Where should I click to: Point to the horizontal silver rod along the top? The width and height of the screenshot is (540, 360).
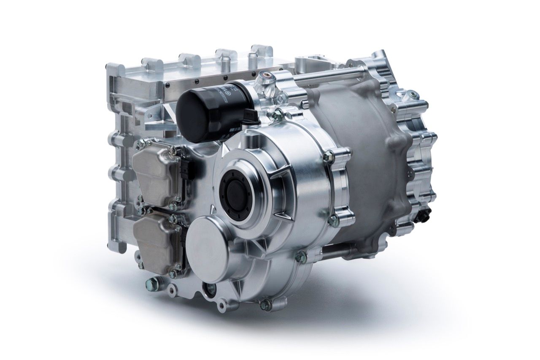point(333,76)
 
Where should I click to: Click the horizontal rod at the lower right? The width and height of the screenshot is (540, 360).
point(337,253)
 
